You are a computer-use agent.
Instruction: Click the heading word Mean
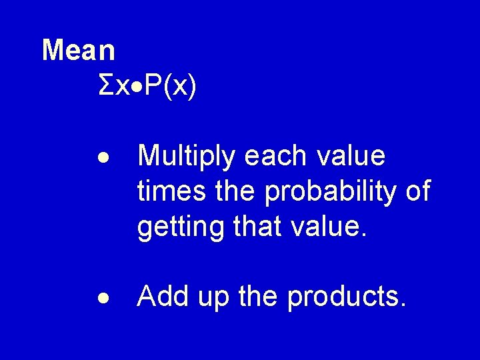click(79, 49)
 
